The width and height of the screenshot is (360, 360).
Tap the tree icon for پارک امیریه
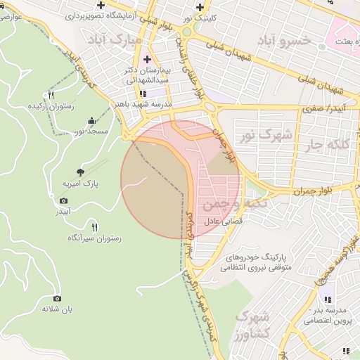click(x=82, y=171)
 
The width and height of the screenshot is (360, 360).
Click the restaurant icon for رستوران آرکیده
click(x=51, y=95)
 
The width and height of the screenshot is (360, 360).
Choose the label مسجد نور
click(x=91, y=131)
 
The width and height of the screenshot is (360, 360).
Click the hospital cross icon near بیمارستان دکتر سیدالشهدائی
click(x=147, y=58)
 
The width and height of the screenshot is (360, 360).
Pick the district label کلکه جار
click(x=327, y=146)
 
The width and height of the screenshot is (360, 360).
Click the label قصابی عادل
click(x=223, y=221)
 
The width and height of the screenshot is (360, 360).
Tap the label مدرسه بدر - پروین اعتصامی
click(x=328, y=315)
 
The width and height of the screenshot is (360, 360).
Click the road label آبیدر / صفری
click(x=319, y=110)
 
